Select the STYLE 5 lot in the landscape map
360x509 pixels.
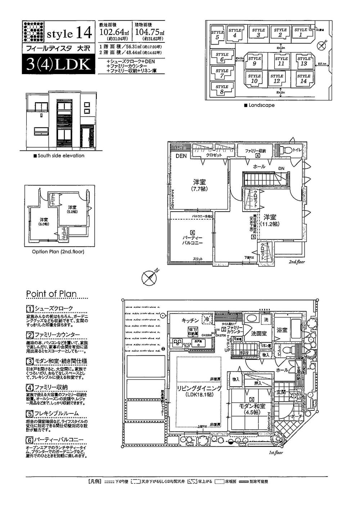[x=217, y=35]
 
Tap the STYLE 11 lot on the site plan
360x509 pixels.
[x=281, y=61]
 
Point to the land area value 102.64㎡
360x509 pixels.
[x=113, y=32]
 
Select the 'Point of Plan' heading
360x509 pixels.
[x=51, y=294]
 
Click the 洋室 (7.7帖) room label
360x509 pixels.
[x=199, y=185]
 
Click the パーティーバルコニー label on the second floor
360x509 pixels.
[x=192, y=240]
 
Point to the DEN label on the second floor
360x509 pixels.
[x=181, y=156]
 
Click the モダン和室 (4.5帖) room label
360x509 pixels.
[x=252, y=409]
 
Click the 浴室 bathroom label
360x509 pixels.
[x=282, y=329]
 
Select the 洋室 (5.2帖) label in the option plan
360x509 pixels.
[x=72, y=210]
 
